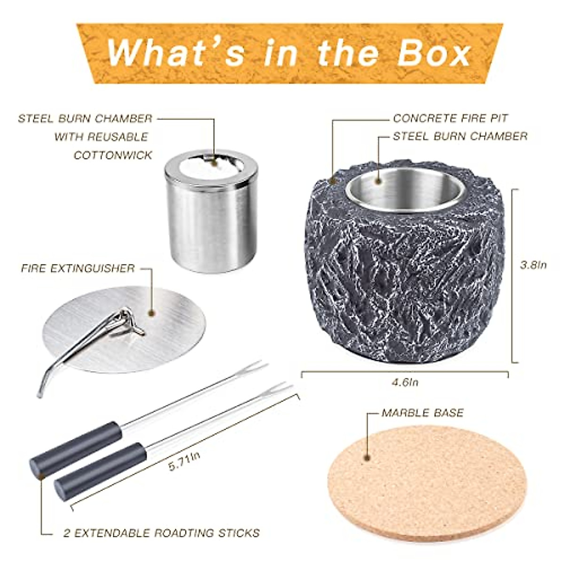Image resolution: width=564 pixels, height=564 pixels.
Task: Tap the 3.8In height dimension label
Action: click(x=533, y=265)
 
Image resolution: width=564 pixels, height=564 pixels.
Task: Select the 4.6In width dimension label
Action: click(x=405, y=382)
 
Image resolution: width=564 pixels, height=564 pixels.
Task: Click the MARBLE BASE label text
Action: click(x=422, y=413)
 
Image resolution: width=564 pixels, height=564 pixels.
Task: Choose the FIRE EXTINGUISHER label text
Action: click(x=78, y=268)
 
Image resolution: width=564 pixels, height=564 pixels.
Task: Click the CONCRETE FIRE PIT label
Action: click(x=450, y=118)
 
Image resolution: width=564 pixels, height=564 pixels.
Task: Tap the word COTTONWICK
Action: click(x=113, y=155)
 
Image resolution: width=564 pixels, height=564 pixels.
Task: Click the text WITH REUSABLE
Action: click(x=101, y=137)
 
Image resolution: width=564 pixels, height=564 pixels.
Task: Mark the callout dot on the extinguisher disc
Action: click(x=151, y=313)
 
